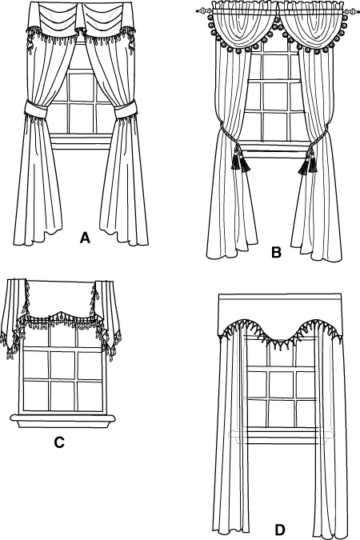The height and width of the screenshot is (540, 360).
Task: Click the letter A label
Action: click(x=85, y=238)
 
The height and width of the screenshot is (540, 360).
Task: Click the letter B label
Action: click(x=276, y=253)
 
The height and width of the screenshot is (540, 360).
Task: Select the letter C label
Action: click(x=59, y=442)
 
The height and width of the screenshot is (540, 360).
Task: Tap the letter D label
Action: click(x=280, y=529)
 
